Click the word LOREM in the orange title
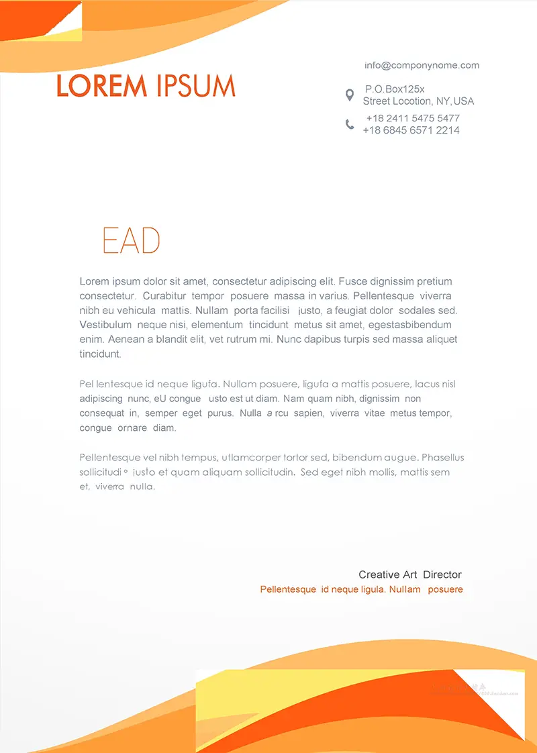(x=101, y=86)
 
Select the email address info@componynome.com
(x=422, y=65)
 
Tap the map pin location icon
(x=349, y=95)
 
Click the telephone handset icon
(x=350, y=124)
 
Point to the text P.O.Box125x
(x=395, y=89)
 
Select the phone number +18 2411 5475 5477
(x=412, y=118)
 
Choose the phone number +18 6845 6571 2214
(x=411, y=130)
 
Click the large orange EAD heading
(x=131, y=240)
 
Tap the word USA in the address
(x=464, y=101)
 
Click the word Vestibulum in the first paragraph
(x=105, y=325)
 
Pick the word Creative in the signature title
(x=379, y=574)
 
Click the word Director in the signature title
(x=442, y=574)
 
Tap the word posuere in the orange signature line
(x=445, y=589)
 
